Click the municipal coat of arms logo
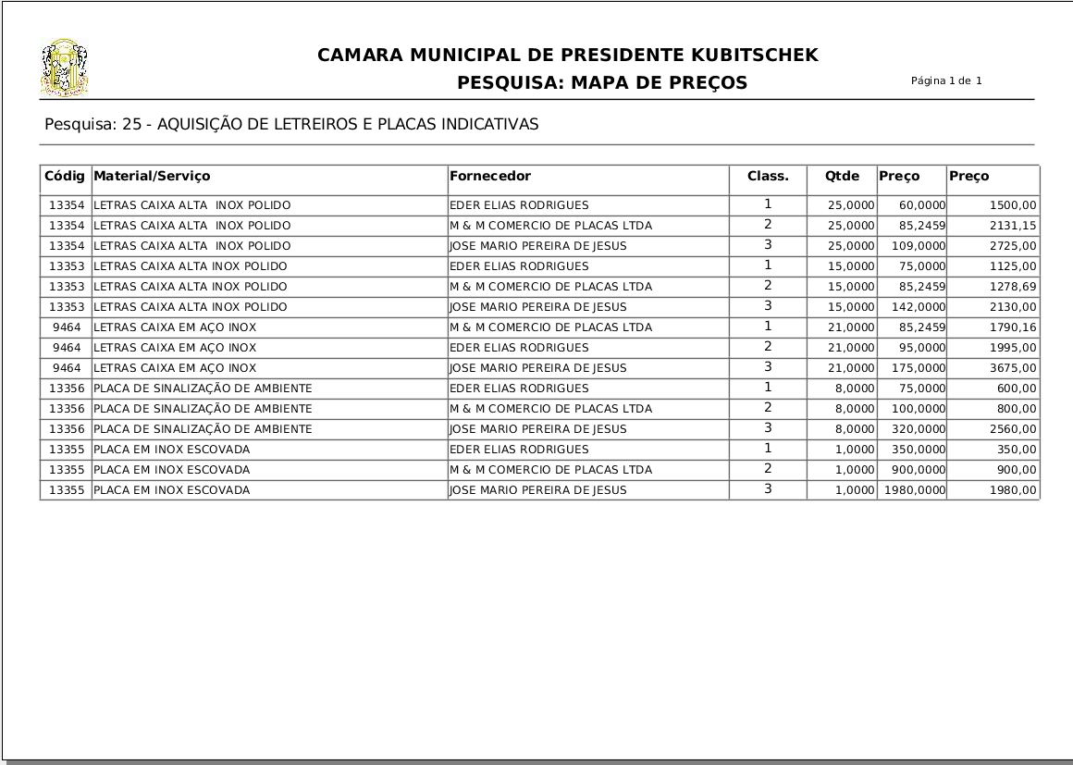(x=65, y=68)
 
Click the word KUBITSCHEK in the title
(x=751, y=56)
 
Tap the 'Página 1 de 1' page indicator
(x=946, y=80)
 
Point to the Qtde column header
(x=842, y=176)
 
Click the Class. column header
(x=768, y=176)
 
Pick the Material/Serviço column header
(x=153, y=176)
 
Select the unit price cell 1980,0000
(x=914, y=490)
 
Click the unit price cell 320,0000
(x=919, y=429)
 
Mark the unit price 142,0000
(x=919, y=307)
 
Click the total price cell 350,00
(x=1018, y=450)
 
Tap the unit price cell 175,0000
(x=919, y=368)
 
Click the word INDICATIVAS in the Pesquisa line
(x=490, y=124)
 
